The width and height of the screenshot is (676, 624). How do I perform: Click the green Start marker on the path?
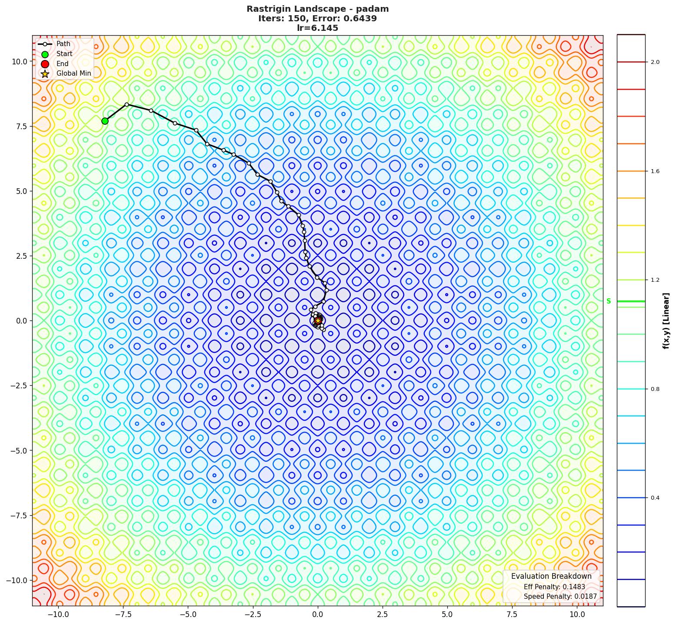point(105,121)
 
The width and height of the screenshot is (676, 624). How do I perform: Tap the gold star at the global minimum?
point(318,320)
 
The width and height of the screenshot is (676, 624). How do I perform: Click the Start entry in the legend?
point(64,54)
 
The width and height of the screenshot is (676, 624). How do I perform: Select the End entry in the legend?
point(62,63)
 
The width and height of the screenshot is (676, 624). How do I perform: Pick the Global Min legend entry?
point(73,73)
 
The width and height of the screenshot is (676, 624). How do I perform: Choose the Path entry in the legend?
point(63,44)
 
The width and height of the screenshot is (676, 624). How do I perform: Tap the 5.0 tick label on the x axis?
point(447,614)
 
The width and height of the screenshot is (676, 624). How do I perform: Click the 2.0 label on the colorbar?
point(655,62)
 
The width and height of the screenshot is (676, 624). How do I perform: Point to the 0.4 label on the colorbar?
point(655,498)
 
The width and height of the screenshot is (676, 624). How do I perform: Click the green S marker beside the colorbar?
point(609,301)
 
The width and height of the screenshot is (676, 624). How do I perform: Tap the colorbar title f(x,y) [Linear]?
point(666,321)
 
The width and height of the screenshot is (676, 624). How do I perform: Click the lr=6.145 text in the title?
point(317,28)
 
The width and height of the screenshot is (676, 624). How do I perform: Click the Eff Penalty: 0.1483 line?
point(554,587)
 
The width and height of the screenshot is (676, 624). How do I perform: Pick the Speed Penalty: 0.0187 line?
point(560,597)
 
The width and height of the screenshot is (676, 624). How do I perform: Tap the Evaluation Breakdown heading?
point(551,576)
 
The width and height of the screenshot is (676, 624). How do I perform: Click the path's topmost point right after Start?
point(127,104)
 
